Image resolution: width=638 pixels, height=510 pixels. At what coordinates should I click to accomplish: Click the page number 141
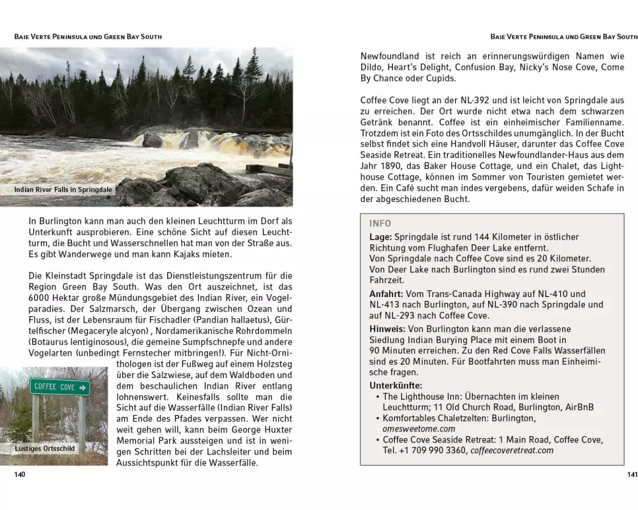[632, 475]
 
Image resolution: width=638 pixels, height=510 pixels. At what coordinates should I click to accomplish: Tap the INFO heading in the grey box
[380, 224]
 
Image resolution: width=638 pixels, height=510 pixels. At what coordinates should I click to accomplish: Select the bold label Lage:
[381, 237]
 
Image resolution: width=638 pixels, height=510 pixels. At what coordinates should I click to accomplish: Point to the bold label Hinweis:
[388, 329]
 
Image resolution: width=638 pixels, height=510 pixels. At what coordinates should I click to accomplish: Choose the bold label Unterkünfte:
[396, 385]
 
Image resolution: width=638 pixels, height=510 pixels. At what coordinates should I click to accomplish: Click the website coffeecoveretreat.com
[512, 451]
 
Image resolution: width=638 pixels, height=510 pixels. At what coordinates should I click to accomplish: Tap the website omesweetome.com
[419, 429]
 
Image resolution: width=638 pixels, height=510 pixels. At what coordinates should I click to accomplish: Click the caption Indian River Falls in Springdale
[63, 189]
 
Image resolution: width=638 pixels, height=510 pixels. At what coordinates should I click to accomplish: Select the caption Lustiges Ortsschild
[45, 448]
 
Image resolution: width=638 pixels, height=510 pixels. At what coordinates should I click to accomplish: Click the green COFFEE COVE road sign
[60, 387]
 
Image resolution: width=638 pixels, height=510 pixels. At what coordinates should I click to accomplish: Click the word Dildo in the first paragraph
[372, 67]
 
